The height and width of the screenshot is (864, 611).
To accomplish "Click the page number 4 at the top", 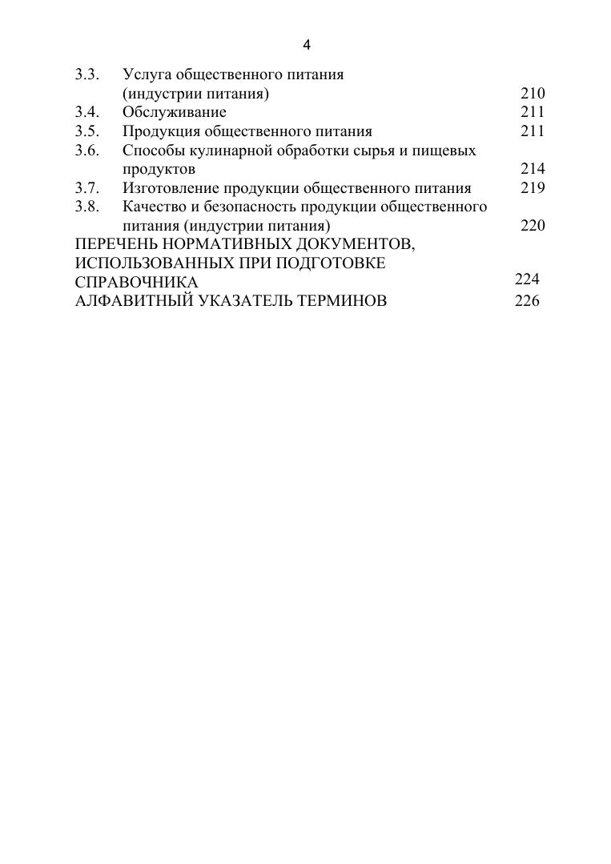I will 306,45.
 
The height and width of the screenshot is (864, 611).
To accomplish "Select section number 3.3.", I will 86,74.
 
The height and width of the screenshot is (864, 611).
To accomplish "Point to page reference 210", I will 533,94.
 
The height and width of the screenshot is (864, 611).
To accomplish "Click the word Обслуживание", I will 174,112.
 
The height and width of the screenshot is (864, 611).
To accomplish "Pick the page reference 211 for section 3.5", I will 533,131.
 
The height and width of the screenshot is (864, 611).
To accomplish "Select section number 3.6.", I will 86,150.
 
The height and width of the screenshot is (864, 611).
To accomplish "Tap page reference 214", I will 533,168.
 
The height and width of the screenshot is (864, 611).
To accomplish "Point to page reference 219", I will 533,187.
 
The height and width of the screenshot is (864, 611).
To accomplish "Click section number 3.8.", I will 86,207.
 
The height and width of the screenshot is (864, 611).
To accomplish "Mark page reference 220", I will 533,225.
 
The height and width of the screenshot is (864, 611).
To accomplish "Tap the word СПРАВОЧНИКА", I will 136,283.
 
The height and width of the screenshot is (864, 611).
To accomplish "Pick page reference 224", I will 527,279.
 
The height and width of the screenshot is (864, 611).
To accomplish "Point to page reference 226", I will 527,301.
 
